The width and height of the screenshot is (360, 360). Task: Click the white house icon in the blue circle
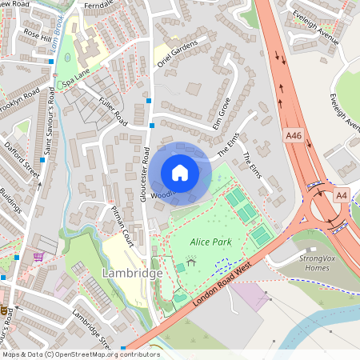tap(180, 172)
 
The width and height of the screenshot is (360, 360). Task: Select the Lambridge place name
tap(133, 273)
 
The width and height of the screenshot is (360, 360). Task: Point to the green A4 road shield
tap(342, 194)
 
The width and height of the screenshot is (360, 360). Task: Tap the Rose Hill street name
tap(37, 36)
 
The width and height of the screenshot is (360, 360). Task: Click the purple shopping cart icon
tap(38, 257)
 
